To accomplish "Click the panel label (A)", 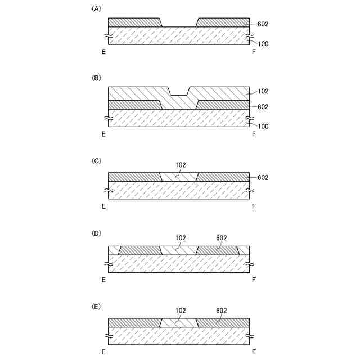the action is (96, 9).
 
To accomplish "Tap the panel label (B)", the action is (96, 78).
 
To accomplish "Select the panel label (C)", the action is (96, 160).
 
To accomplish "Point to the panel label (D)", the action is (96, 232).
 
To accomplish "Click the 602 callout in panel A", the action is (263, 24).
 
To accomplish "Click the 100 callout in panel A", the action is (263, 43).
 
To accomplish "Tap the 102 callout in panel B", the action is (263, 91).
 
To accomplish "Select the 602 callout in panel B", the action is (263, 107).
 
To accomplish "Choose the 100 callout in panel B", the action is (263, 126).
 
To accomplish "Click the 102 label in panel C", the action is (179, 165).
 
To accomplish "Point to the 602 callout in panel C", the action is (263, 178).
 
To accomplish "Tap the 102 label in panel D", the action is (179, 237).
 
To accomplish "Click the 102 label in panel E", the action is (179, 310).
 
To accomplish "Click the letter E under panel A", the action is (103, 52).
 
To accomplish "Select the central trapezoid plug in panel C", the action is (179, 177).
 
